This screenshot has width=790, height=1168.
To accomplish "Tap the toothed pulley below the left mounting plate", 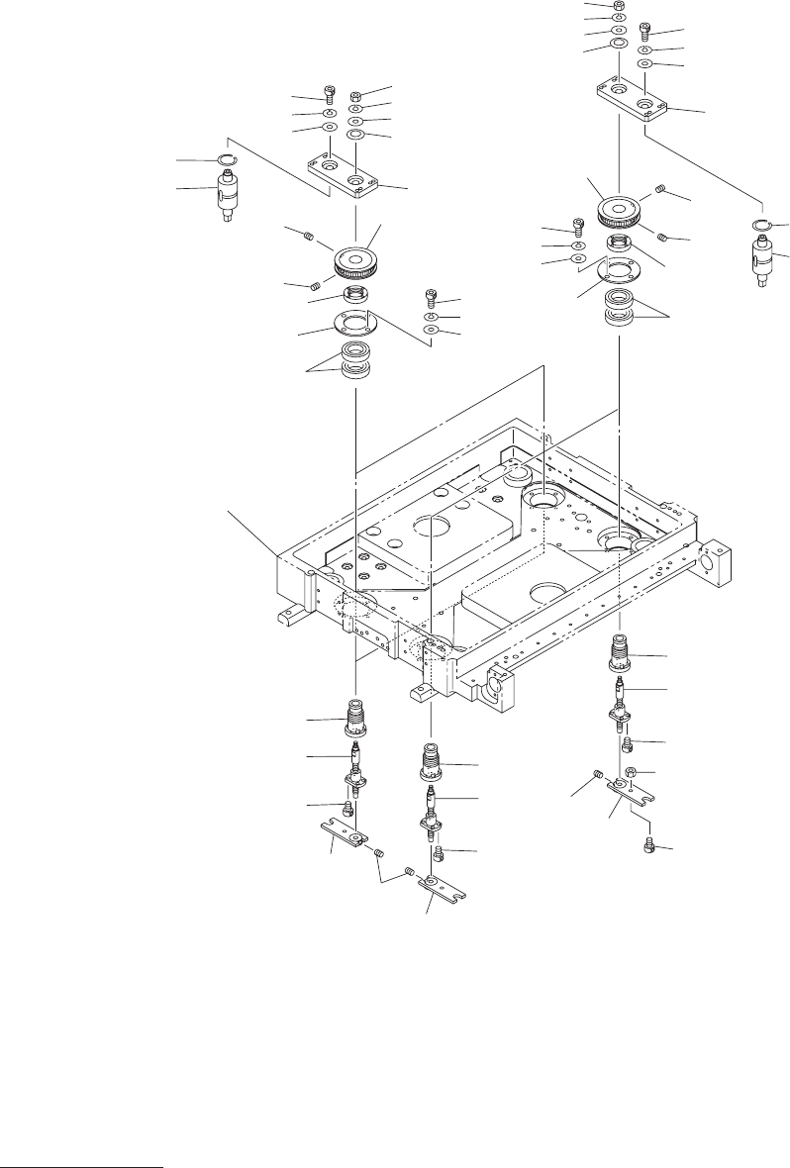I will (354, 260).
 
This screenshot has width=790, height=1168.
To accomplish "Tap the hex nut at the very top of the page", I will (619, 5).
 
